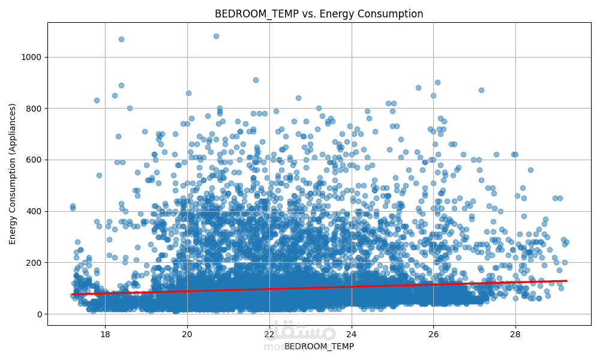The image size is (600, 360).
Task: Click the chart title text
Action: (319, 14)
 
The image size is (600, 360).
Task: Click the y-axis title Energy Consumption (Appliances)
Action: (13, 174)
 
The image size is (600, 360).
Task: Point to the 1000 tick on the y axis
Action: (32, 57)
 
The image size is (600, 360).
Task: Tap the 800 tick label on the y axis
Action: (35, 109)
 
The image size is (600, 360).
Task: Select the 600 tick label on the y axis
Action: (35, 160)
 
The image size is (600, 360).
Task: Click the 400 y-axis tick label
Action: (35, 211)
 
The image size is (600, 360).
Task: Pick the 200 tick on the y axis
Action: (35, 263)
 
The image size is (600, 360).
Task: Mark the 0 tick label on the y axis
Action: (40, 314)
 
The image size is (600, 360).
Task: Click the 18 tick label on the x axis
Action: (104, 334)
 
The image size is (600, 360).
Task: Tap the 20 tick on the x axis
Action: (187, 334)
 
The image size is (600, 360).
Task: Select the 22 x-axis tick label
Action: (269, 334)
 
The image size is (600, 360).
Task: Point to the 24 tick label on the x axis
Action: (351, 334)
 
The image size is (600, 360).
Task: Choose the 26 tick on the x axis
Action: (433, 334)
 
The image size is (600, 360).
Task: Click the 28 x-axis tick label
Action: (515, 334)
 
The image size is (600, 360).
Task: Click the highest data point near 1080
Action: (216, 36)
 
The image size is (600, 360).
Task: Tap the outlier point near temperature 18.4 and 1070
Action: (121, 39)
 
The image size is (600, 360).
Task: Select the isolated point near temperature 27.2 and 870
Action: (481, 90)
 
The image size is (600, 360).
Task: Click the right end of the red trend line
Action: (566, 281)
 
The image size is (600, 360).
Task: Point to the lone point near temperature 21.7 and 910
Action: (256, 80)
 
